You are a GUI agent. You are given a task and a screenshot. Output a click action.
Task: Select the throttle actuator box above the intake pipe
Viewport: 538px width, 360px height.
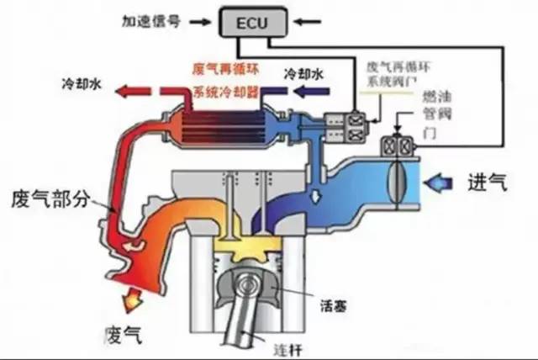coord(396,146)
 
